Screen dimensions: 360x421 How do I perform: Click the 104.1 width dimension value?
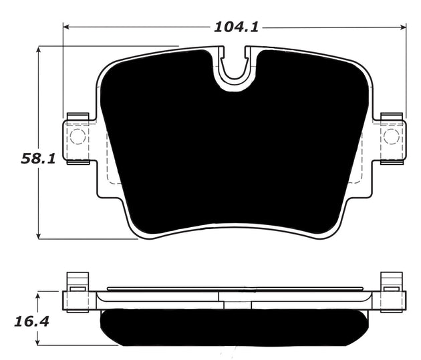236,27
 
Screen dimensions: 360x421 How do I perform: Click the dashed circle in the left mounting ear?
78,137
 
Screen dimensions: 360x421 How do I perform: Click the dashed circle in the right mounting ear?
391,137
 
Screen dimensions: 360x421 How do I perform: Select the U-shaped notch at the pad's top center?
235,67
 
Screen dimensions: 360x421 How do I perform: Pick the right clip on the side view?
390,281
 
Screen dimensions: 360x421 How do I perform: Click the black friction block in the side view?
234,327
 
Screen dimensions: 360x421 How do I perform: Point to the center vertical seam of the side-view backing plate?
220,298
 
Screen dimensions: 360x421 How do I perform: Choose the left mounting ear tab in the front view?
78,137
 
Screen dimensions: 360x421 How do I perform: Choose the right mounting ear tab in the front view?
391,137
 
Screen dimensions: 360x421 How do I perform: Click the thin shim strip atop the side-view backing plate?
234,289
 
